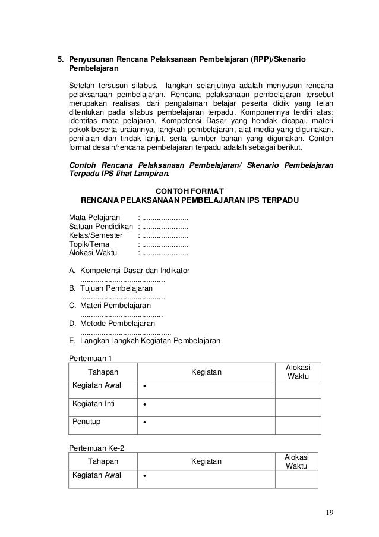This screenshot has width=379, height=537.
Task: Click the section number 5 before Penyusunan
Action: tap(59, 60)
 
